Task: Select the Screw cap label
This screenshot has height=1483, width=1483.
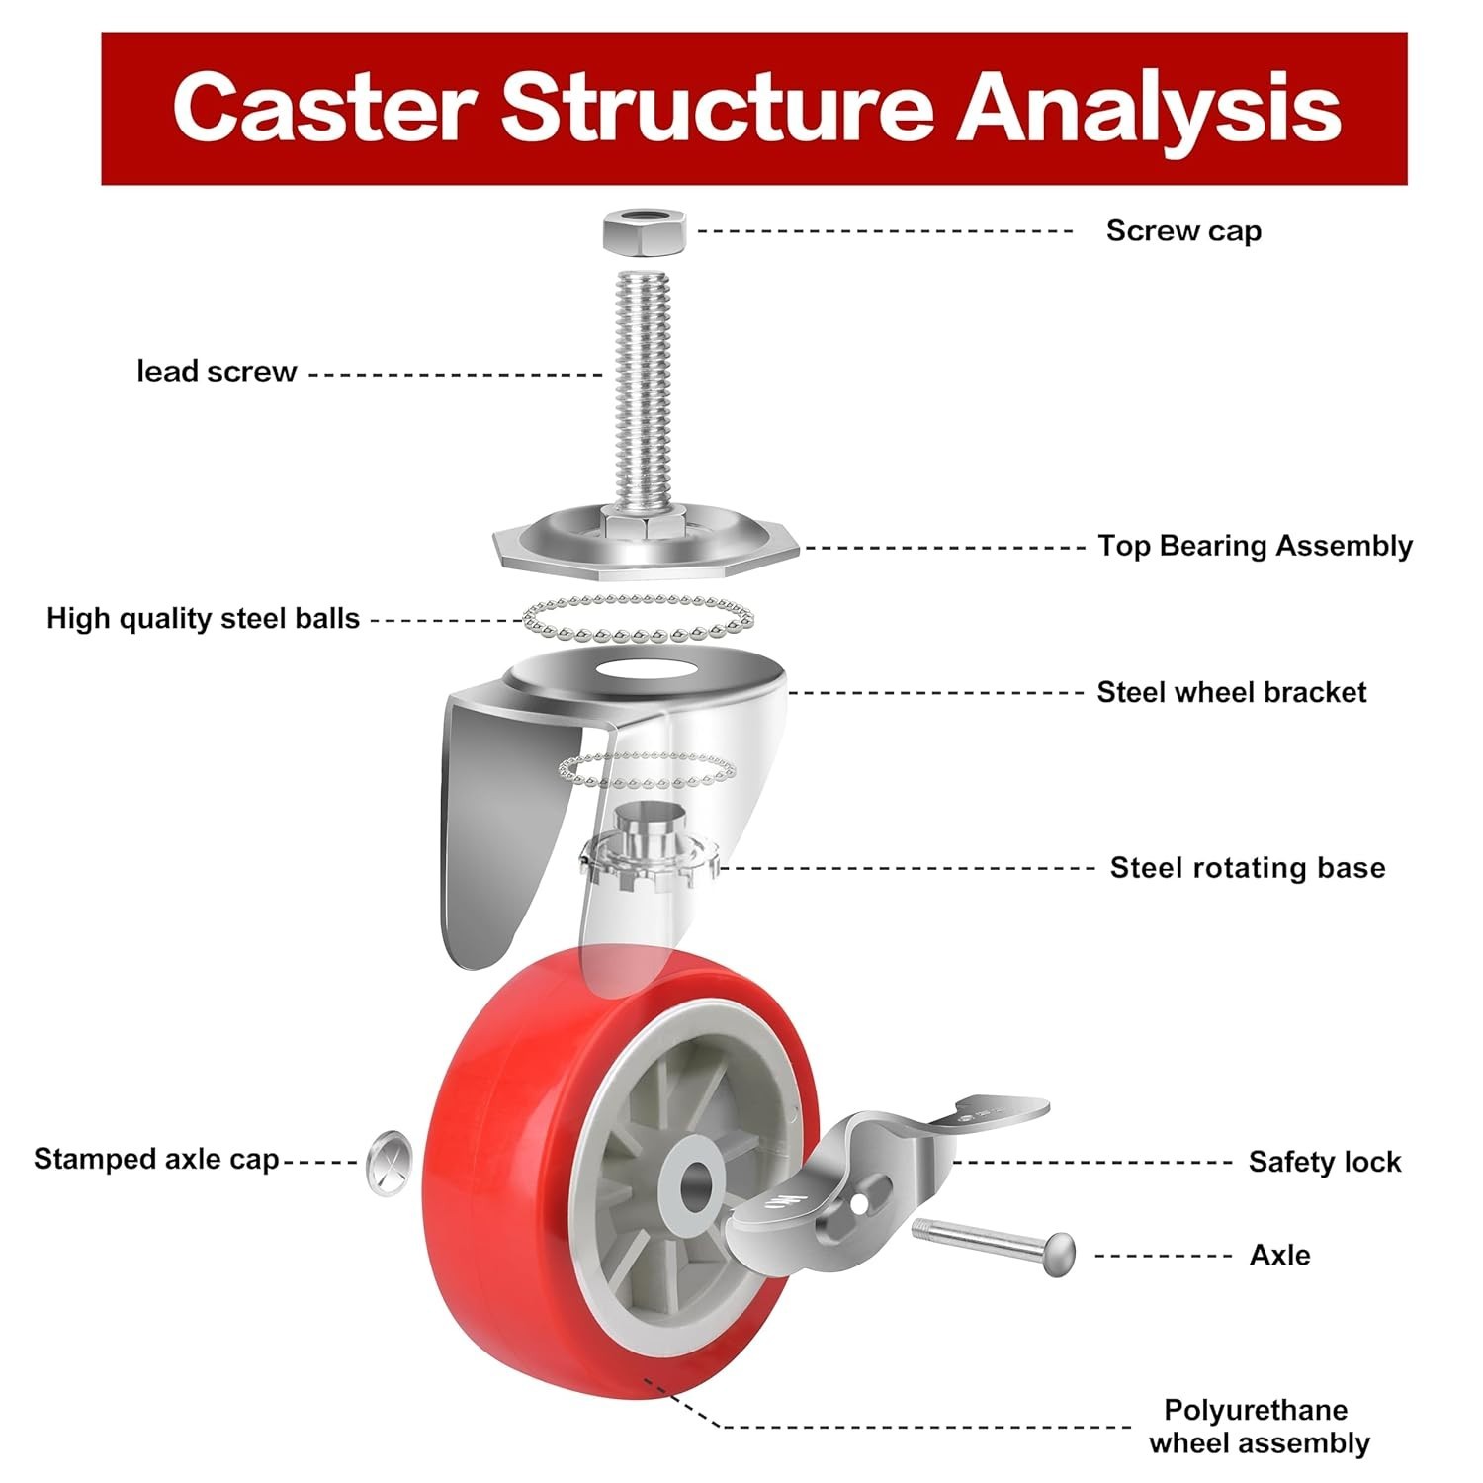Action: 1183,231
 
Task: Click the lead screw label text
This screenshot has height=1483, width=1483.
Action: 217,372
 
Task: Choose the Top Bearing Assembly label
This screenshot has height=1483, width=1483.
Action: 1255,546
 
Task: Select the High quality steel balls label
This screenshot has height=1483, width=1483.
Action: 203,619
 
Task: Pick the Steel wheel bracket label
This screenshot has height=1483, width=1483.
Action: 1231,692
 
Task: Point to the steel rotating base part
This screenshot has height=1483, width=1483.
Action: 648,850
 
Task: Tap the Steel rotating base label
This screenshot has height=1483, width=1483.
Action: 1247,868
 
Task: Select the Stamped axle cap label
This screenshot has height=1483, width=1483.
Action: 156,1159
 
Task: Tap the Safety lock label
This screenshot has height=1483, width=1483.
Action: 1324,1162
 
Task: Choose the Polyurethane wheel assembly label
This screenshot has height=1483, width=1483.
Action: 1259,1426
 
